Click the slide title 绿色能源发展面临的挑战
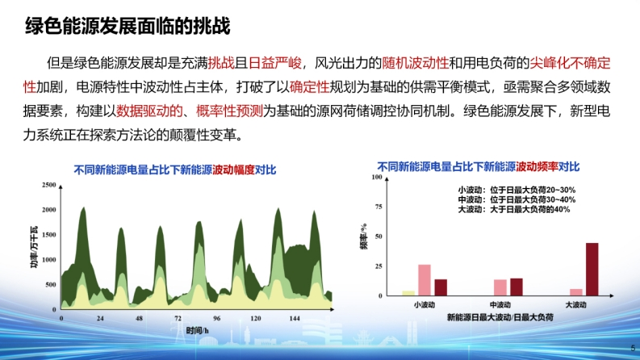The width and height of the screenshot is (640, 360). [128, 26]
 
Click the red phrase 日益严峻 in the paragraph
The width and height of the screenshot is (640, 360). [275, 63]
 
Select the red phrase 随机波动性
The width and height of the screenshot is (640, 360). [415, 63]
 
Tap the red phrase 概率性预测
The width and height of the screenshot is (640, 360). [229, 111]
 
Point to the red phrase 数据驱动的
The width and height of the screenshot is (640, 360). [149, 111]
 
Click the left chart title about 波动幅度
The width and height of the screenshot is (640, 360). [175, 170]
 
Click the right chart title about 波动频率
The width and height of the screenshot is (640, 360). [479, 166]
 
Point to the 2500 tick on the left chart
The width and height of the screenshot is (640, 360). [49, 185]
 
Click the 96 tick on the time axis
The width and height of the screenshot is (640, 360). [217, 318]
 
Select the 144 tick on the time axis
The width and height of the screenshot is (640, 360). [295, 318]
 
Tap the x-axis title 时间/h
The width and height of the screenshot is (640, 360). [197, 330]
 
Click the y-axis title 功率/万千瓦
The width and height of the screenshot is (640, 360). [34, 247]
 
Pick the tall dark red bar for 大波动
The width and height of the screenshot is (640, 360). [592, 270]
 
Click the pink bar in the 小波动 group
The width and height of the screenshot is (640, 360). [425, 280]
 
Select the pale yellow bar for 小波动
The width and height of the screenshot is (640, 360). [408, 293]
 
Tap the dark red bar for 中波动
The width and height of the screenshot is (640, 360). [517, 287]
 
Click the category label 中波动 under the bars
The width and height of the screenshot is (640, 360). [500, 305]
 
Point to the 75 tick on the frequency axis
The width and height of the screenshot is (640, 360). [379, 207]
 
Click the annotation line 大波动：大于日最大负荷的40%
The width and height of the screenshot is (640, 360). [514, 209]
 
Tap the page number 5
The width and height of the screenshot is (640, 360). [633, 348]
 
